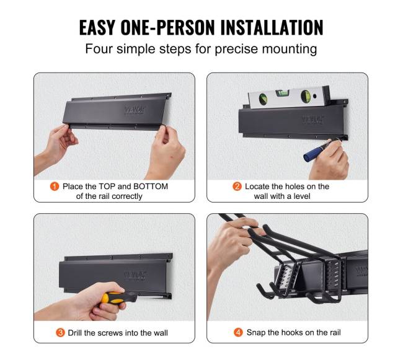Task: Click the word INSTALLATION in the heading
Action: tap(272, 27)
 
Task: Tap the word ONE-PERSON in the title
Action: tap(167, 27)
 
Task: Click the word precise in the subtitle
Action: tap(236, 49)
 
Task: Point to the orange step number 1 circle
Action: tap(55, 187)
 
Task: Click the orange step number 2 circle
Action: tap(237, 187)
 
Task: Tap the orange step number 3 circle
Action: tap(60, 333)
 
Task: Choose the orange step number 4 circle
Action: tap(238, 333)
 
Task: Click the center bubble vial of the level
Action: tap(282, 93)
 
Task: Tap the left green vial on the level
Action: tap(263, 99)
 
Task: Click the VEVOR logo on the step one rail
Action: tap(135, 110)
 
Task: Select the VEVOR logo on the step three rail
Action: tap(135, 275)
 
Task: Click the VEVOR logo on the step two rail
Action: tap(312, 120)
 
